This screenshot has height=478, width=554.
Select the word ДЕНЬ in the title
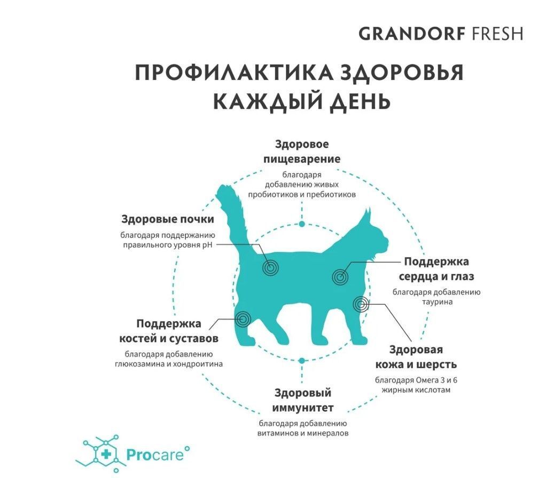(x=360, y=101)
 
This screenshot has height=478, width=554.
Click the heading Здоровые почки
(x=168, y=219)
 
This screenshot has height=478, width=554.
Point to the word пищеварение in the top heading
(x=302, y=159)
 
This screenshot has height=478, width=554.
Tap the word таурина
(x=437, y=302)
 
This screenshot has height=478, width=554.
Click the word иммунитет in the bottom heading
(x=302, y=408)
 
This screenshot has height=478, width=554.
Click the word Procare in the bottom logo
(x=155, y=455)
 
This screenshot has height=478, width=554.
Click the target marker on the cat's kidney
(x=271, y=268)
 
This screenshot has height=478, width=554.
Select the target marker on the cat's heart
(x=340, y=277)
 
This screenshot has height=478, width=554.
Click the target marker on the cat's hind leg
(x=243, y=319)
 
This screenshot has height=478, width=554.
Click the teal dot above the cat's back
(x=302, y=224)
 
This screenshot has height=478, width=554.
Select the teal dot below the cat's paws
(x=301, y=361)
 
